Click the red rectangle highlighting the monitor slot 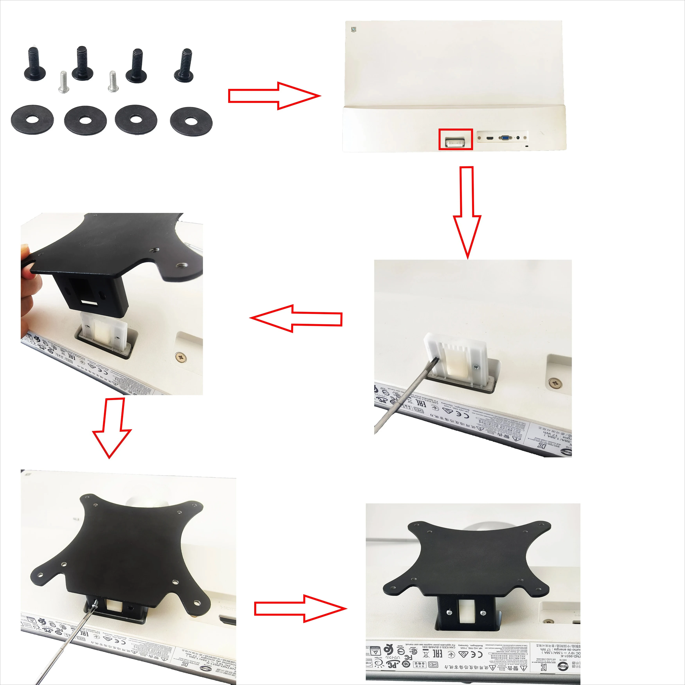point(456,139)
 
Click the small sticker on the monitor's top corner point(353,29)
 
